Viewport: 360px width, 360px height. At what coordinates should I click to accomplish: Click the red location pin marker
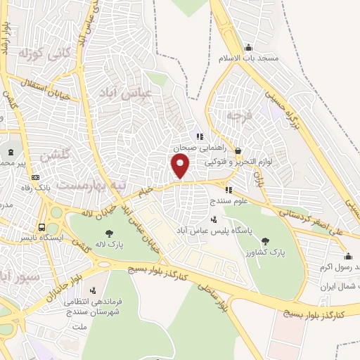coord(181,166)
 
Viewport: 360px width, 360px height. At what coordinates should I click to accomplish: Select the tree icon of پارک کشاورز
coord(265,241)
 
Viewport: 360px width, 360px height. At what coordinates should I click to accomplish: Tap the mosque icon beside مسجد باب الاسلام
coord(248,48)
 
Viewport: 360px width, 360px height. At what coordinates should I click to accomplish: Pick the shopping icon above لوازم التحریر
coord(238,150)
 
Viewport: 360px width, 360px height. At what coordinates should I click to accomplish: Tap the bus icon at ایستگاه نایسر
coord(42,228)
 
